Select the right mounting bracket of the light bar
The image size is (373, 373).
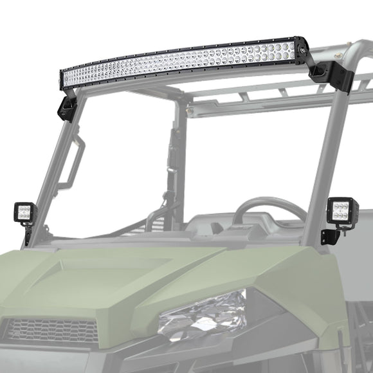[322, 72]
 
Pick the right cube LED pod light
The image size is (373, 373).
[338, 210]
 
